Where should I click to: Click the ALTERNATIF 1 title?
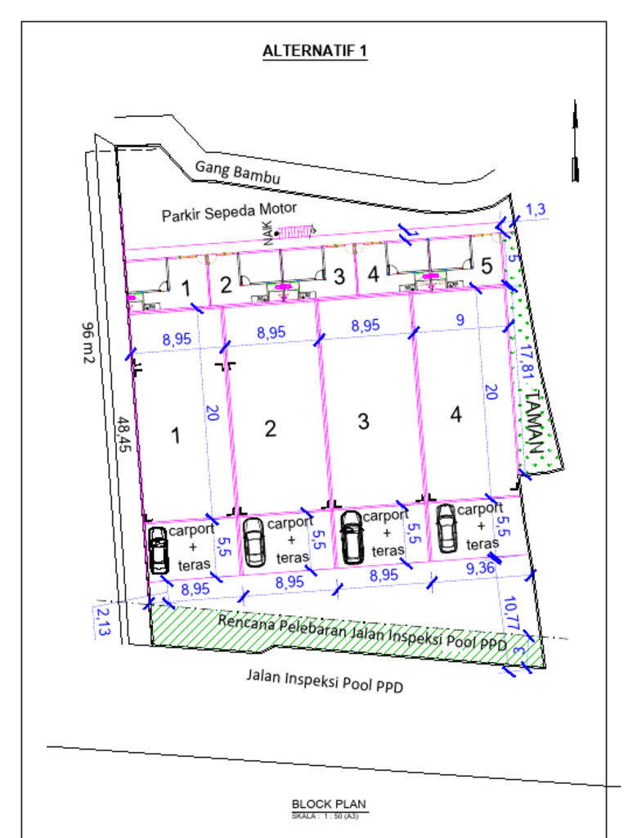point(315,52)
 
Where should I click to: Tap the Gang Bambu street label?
point(238,172)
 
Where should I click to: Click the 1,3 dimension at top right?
point(536,209)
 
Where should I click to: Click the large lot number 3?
point(363,421)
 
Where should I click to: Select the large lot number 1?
point(175,435)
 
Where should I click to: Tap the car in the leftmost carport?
point(159,550)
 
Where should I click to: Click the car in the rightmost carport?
point(446,528)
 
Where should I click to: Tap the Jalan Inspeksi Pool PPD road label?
point(325,680)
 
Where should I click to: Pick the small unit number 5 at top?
point(487,266)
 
